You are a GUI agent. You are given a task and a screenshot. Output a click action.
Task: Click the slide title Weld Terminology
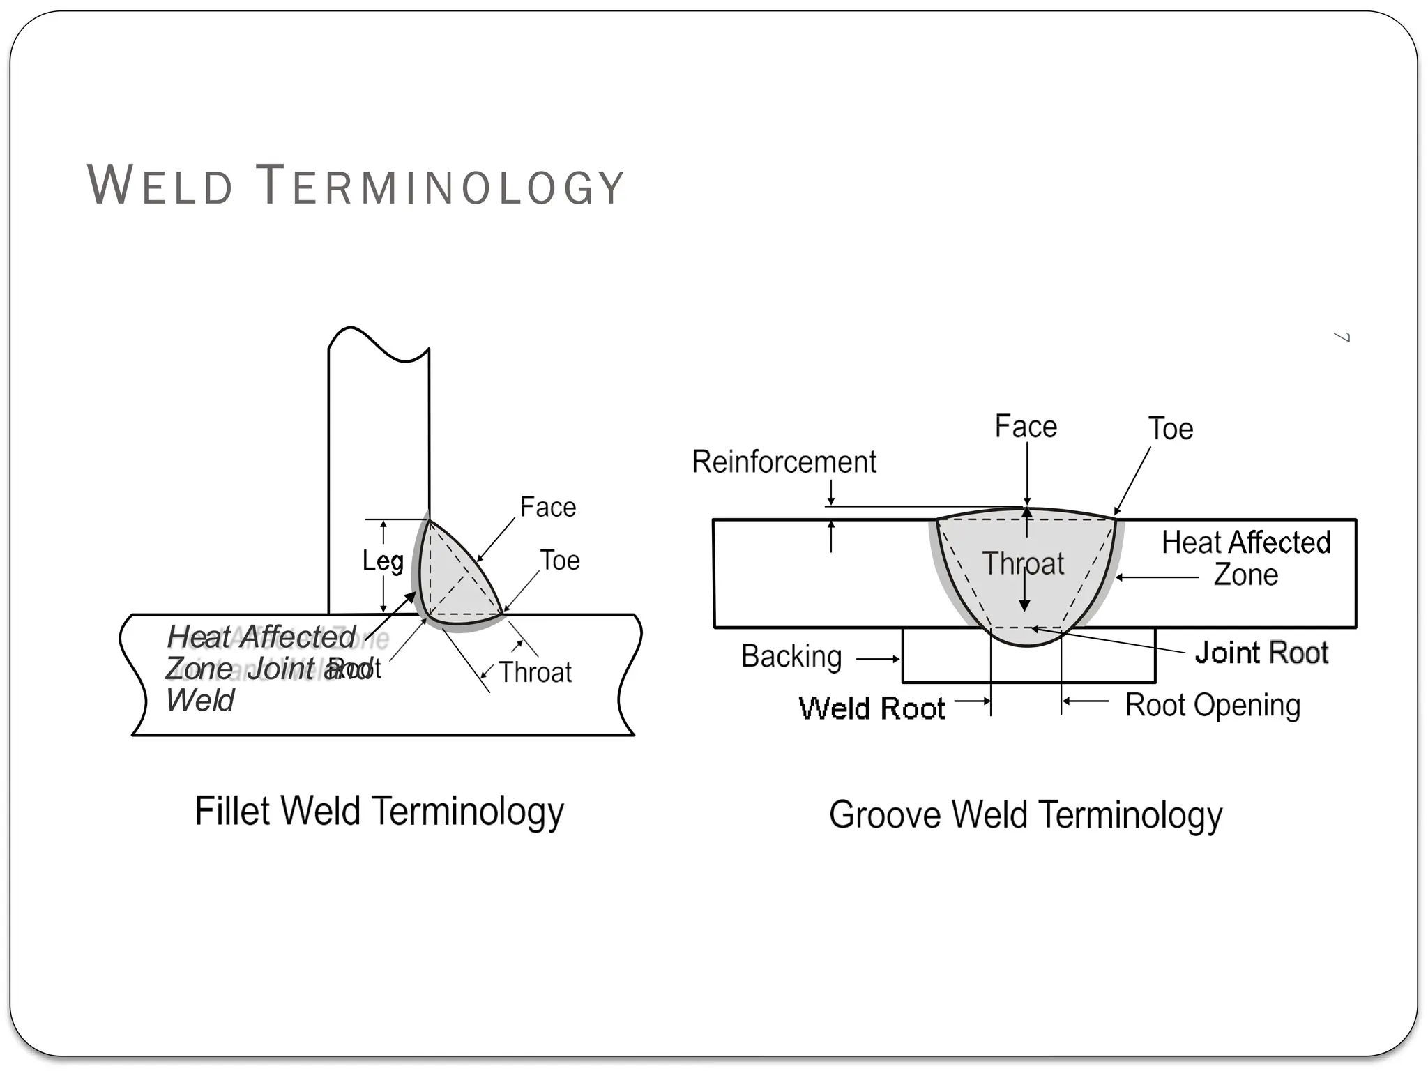(x=355, y=185)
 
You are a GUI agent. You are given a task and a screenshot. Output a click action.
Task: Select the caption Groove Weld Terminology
(x=1025, y=814)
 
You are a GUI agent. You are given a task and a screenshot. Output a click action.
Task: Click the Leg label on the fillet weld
(x=383, y=561)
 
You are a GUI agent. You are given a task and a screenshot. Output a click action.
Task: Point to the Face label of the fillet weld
(x=548, y=507)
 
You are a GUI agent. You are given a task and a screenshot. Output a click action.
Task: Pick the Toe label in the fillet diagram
(x=560, y=561)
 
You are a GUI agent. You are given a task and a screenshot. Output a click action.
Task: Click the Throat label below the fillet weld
(x=535, y=672)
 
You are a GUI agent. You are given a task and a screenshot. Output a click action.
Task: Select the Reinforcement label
(x=784, y=462)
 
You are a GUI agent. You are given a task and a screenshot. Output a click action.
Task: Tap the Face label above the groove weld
(x=1026, y=426)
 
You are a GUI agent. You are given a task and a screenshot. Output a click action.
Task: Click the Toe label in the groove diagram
(x=1171, y=428)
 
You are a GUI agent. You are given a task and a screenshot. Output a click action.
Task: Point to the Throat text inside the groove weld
(x=1023, y=563)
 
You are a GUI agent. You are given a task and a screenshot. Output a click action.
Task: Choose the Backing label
(x=791, y=656)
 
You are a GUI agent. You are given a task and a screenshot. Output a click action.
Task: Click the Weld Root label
(x=872, y=708)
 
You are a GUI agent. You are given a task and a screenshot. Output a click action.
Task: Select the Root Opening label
(x=1213, y=705)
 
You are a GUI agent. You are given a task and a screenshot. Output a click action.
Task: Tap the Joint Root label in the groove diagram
(x=1261, y=653)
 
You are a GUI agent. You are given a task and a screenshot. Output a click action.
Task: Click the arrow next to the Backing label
(x=878, y=659)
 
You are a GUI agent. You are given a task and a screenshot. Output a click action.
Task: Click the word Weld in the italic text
(x=200, y=700)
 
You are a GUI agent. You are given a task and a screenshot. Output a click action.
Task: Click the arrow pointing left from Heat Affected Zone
(x=1157, y=577)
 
